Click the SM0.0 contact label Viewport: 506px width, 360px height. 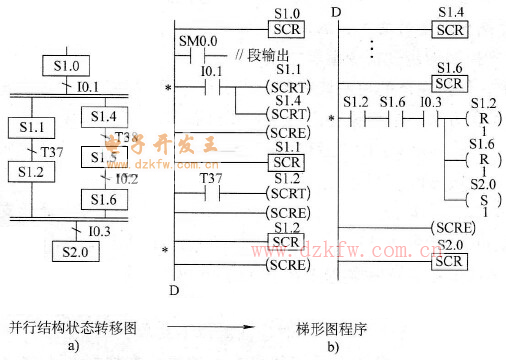[x=197, y=42]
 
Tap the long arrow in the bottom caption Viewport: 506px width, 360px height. [x=207, y=327]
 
